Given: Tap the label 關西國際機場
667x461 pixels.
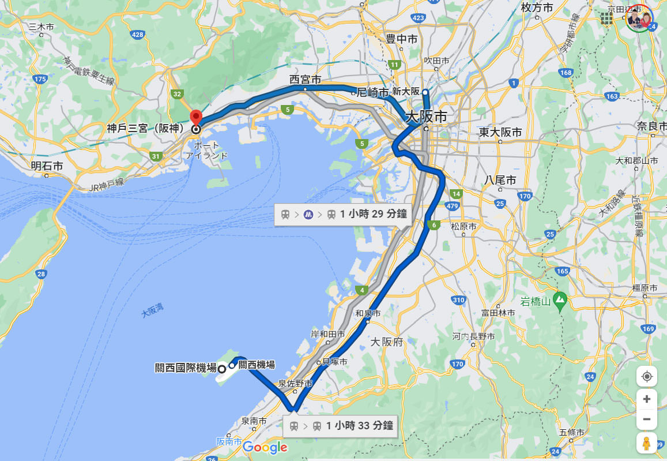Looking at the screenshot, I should click(186, 368).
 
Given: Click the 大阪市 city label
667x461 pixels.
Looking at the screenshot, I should click(426, 116).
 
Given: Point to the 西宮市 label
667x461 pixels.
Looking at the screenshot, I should click(305, 80).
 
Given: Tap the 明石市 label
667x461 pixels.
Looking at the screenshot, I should click(47, 166).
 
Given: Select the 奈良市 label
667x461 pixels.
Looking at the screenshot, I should click(651, 126).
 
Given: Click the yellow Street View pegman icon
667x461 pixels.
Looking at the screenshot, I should click(647, 443).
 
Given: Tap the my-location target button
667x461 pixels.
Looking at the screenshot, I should click(647, 377).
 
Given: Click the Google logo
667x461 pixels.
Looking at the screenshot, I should click(265, 447).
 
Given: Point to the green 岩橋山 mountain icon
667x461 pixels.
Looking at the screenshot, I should click(559, 299).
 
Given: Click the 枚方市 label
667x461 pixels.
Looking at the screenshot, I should click(536, 8).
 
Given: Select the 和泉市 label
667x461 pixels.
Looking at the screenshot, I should click(368, 313).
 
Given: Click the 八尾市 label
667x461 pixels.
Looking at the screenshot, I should click(500, 180).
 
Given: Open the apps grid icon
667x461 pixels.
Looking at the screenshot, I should click(606, 19).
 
